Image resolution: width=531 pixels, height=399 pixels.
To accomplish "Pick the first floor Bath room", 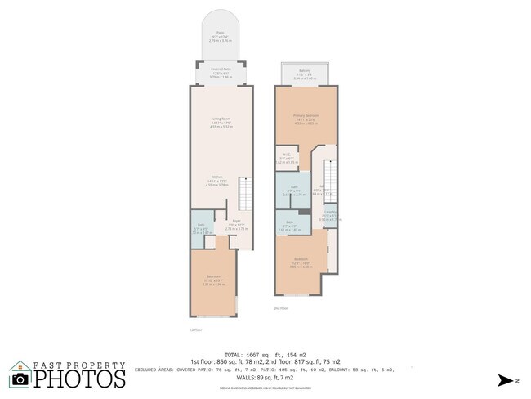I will click(x=201, y=231).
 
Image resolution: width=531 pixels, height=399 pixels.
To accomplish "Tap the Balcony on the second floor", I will click(x=304, y=74).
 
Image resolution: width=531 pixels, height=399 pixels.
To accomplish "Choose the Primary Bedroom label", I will click(x=304, y=119).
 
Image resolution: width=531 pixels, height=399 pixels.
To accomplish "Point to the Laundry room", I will click(x=330, y=217).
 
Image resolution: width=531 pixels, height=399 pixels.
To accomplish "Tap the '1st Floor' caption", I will click(x=194, y=330).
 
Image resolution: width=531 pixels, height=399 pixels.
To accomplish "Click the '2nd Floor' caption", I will click(x=280, y=307).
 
